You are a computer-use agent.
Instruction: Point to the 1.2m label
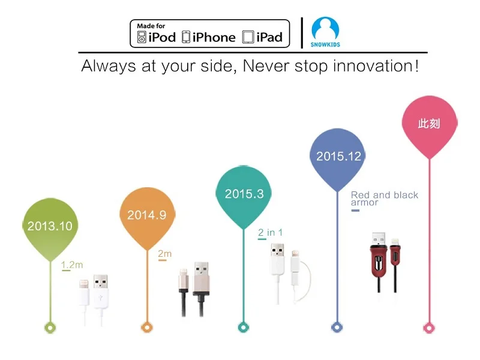[x=72, y=265]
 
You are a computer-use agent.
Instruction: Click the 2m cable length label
[x=164, y=254]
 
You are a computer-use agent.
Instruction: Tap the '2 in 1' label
[x=270, y=233]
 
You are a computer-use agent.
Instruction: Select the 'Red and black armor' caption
[x=385, y=199]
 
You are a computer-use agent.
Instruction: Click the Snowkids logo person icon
[x=325, y=28]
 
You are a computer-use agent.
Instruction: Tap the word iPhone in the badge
[x=214, y=37]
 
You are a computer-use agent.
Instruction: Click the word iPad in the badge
[x=269, y=37]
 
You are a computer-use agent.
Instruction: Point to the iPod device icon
[x=142, y=37]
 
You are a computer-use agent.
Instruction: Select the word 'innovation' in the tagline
[x=373, y=66]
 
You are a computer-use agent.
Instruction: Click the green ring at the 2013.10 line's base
[x=50, y=328]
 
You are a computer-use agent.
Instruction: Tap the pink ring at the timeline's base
[x=429, y=328]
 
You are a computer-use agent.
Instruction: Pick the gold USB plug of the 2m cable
[x=202, y=278]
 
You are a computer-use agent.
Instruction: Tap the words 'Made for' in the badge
[x=151, y=26]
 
